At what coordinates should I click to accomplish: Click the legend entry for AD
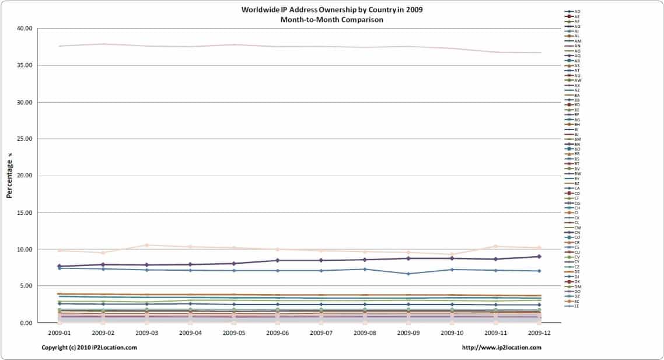(577, 12)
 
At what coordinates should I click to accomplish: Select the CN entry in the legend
(577, 232)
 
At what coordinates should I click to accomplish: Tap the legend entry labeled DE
(577, 271)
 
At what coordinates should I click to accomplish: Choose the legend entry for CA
(577, 188)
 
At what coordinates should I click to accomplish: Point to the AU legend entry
(577, 75)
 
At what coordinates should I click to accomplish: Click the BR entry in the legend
(577, 154)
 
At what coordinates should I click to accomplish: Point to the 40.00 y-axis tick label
(23, 29)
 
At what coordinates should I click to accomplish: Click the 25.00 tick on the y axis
(23, 139)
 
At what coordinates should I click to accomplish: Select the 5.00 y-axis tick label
(25, 286)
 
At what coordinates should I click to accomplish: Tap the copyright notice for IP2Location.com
(89, 348)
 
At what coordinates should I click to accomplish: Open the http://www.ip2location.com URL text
(501, 348)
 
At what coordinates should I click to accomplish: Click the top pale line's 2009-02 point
(103, 44)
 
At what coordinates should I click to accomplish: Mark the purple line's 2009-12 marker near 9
(539, 256)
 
